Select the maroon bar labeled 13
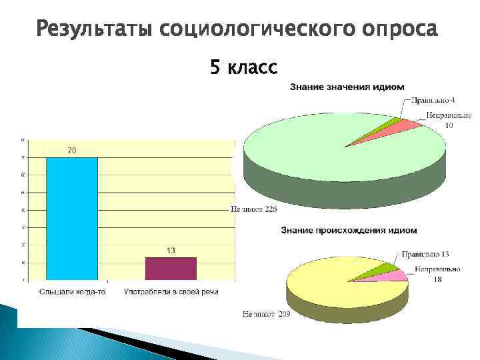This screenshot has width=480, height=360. pos(171,268)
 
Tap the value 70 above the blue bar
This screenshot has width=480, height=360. pos(72,151)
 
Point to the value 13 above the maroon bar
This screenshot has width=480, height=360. pos(171,251)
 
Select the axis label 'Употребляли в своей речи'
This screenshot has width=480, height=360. pos(171,291)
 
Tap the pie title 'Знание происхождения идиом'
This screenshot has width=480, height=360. pos(349,230)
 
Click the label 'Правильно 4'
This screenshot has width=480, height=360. pos(433,100)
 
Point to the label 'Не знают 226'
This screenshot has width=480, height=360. pos(254,209)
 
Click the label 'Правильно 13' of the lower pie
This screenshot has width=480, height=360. pos(425,255)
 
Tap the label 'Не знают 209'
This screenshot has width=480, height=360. pos(266,313)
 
